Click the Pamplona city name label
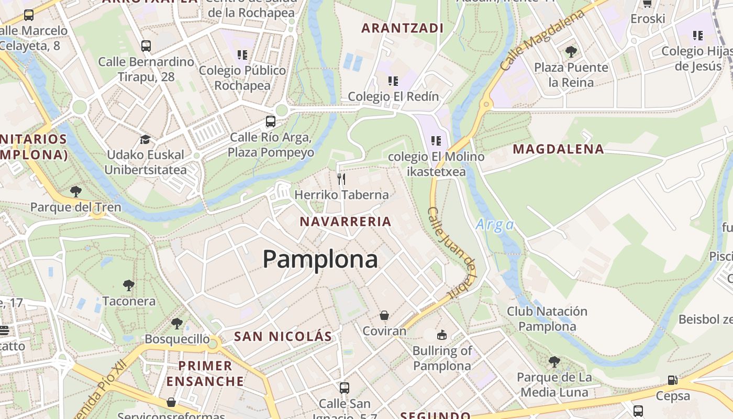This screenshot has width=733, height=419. coord(320,259)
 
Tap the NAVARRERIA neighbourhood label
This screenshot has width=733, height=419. coord(346,222)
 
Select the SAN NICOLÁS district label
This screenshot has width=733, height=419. coord(283,336)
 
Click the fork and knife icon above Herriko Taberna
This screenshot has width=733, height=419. coord(341,179)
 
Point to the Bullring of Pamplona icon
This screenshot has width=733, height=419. coord(442,335)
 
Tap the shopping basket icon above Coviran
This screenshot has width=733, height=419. coord(384,315)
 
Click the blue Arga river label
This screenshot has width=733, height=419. coord(494,225)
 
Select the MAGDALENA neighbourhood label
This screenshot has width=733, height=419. coord(558,149)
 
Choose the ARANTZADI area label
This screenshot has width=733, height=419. coord(403,28)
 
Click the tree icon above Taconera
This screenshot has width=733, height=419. coord(129,285)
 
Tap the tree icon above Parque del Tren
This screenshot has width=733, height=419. coord(76,191)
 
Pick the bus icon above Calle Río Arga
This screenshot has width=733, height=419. coord(271,122)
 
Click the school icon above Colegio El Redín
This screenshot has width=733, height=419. coord(393,81)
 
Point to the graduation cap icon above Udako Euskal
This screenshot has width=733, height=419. coord(145,139)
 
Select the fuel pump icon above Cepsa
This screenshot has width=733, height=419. coord(672,380)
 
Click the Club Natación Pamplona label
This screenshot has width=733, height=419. coord(547,319)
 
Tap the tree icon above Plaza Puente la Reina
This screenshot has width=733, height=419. coord(571,51)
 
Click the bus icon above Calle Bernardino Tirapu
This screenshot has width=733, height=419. coord(146,46)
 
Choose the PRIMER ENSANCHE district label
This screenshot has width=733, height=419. coord(205,373)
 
